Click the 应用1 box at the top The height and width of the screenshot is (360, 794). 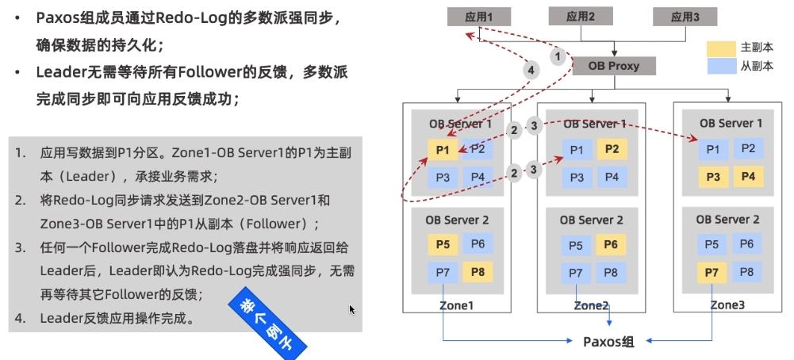click(x=478, y=16)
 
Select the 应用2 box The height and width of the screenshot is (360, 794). click(x=581, y=16)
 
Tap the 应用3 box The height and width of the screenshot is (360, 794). click(x=684, y=16)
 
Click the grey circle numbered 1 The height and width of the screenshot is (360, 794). click(x=558, y=56)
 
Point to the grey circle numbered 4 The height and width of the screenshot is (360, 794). click(x=532, y=70)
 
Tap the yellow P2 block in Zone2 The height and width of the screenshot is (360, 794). click(x=611, y=149)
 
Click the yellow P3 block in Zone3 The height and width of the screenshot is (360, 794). click(x=713, y=176)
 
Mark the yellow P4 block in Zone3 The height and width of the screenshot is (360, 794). click(x=747, y=176)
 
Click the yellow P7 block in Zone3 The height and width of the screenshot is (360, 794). click(x=713, y=273)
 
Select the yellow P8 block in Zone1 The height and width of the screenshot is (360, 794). click(x=476, y=273)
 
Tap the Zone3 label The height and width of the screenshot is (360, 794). click(x=728, y=304)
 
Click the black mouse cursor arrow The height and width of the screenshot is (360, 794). click(x=352, y=309)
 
